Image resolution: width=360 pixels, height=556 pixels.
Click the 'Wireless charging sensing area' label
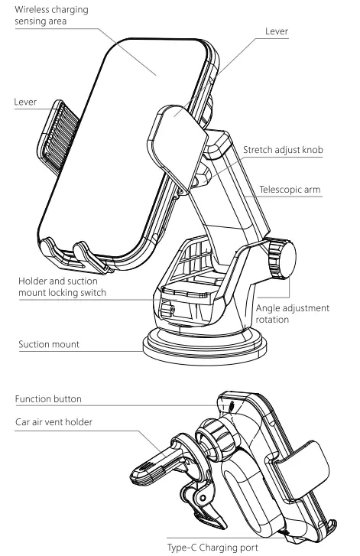pos(51,15)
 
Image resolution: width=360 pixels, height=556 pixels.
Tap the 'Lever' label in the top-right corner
pos(277,31)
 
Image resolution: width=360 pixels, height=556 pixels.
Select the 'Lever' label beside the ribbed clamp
pos(25,102)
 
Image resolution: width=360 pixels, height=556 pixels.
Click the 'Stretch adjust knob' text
pos(283,150)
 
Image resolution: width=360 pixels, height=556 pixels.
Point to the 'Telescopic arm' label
pos(290,190)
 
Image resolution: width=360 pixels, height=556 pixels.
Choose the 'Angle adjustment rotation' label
pos(293,314)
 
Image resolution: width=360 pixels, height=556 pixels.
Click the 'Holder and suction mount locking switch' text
pos(63,287)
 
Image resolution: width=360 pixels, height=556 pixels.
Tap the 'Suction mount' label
pos(49,344)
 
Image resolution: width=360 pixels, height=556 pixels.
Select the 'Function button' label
pos(48,399)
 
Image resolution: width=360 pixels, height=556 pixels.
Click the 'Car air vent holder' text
pos(54,422)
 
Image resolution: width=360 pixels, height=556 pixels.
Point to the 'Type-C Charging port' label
pos(212,548)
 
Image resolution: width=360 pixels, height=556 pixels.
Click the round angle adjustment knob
pos(281,259)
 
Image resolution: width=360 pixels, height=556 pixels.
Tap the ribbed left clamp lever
pos(58,137)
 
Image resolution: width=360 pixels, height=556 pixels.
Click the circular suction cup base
pos(205,346)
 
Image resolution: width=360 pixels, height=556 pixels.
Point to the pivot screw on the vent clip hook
pos(203,498)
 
